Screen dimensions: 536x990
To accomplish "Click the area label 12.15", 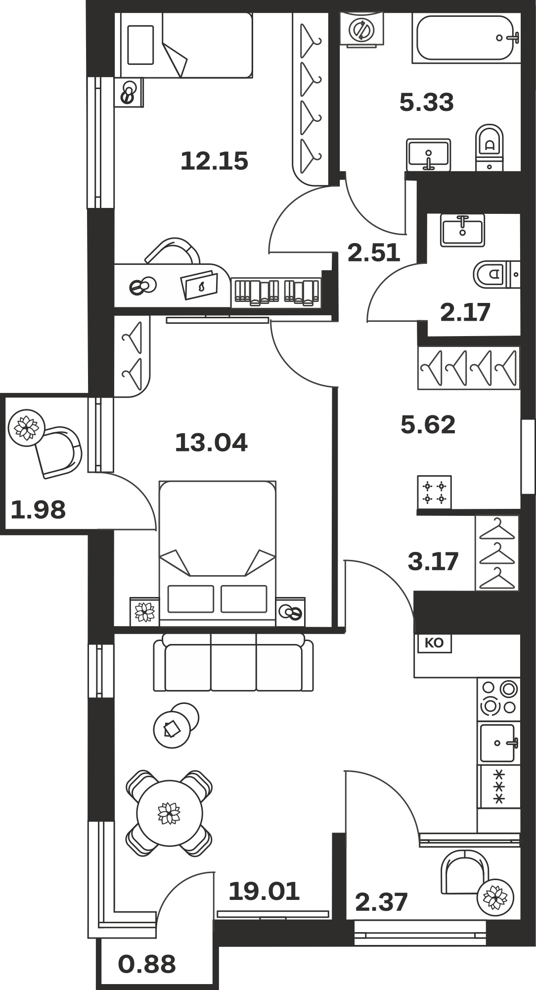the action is (214, 161).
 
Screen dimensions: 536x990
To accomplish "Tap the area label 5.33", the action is (426, 102).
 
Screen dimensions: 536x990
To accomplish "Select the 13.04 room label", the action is (211, 442).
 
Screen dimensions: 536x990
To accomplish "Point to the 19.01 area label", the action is (264, 891).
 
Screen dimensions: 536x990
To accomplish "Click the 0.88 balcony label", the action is (147, 964).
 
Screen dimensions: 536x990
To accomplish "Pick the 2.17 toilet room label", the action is (465, 312).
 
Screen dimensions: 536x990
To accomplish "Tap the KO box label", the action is (434, 643).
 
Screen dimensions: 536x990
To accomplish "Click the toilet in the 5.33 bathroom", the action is (490, 148).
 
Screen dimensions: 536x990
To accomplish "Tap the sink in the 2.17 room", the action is (463, 230).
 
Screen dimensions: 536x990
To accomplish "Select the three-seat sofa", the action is (233, 662).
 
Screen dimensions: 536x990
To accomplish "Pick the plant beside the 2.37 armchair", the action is (495, 896).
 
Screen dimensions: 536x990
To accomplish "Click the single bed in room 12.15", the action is (183, 45).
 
